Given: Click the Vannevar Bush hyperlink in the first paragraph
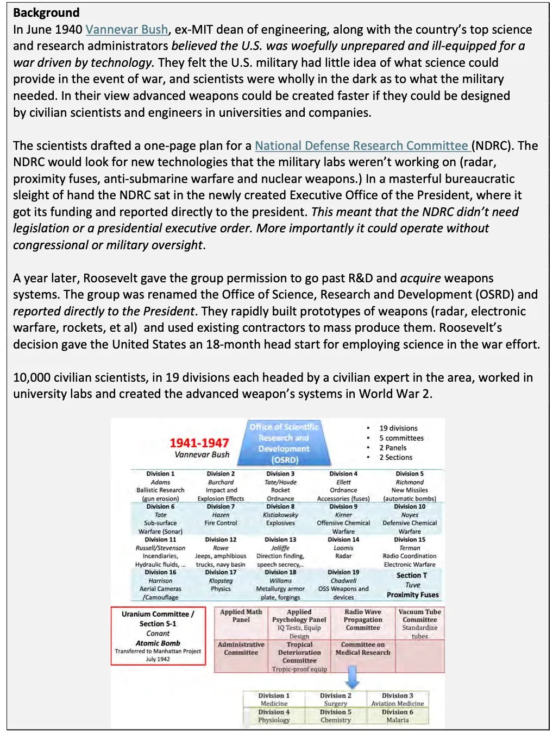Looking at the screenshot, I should [x=127, y=29].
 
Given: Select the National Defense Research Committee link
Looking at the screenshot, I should [x=361, y=146].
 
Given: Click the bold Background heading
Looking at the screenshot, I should [x=46, y=12].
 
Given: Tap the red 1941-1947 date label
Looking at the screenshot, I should [x=199, y=443].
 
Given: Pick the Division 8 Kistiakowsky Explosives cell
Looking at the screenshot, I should [x=280, y=515].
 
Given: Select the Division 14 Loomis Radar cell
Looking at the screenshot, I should [x=343, y=548].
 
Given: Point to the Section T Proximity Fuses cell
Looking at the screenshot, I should [x=412, y=585].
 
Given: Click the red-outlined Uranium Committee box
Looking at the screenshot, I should [x=158, y=636].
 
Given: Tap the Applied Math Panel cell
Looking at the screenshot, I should [x=241, y=616].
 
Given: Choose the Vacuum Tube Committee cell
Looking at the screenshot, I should [x=419, y=623].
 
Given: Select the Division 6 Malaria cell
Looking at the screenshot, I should [x=397, y=716].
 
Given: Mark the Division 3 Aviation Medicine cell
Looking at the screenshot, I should [x=397, y=699].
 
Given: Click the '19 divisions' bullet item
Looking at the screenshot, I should [x=398, y=428].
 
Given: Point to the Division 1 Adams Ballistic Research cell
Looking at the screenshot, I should [x=160, y=486].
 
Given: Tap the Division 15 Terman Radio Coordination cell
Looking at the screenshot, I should [x=410, y=552].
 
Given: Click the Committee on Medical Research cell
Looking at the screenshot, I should [x=363, y=649].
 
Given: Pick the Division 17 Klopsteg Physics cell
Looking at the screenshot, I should [x=221, y=580].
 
